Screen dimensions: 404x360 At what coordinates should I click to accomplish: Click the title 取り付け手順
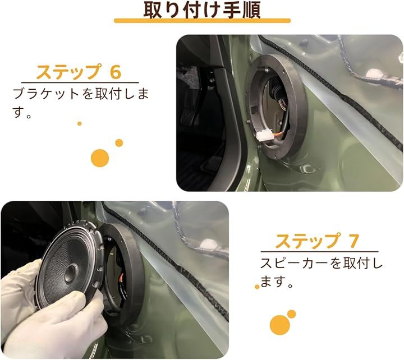[x=202, y=10]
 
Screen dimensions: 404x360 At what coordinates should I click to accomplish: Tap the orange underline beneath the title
[x=202, y=21]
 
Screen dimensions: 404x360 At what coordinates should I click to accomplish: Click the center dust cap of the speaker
[x=71, y=273]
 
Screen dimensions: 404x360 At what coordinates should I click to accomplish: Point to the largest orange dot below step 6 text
[x=100, y=158]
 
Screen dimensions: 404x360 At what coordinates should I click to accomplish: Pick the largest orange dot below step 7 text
[x=280, y=325]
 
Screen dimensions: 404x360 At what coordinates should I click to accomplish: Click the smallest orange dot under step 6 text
[x=79, y=123]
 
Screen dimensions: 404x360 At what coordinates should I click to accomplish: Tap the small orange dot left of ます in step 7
[x=257, y=287]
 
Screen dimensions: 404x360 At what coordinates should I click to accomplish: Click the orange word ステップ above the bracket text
[x=68, y=72]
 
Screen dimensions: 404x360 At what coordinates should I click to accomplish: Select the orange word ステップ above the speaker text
[x=307, y=241]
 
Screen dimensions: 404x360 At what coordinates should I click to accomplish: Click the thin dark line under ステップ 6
[x=80, y=82]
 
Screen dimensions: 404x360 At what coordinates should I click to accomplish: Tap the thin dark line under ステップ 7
[x=319, y=251]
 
